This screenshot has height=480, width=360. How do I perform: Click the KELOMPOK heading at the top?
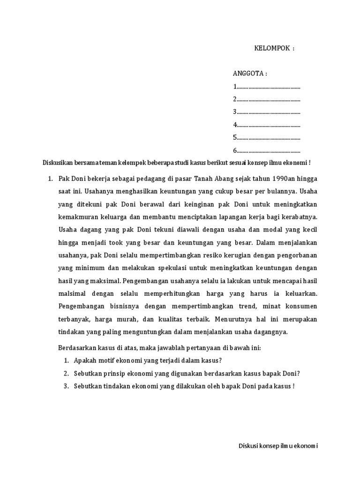tap(274, 48)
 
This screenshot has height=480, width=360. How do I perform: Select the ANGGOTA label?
tap(250, 74)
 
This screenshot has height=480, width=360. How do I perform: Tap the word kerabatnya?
tap(300, 217)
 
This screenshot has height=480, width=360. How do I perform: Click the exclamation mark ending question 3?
tap(293, 386)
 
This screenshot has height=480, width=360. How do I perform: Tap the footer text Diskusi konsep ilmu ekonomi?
tap(278, 446)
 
